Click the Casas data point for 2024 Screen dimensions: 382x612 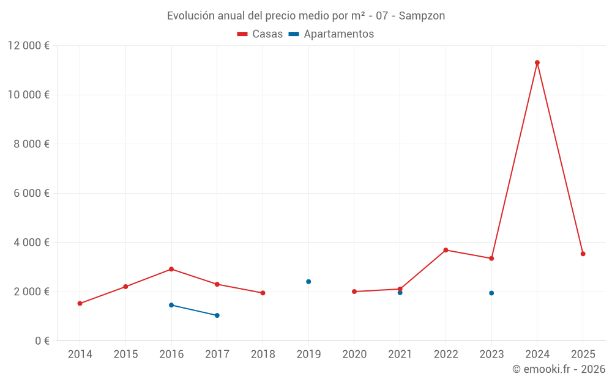[537, 62]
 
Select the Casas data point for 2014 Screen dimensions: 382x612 [80, 303]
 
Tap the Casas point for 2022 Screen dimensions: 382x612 [446, 250]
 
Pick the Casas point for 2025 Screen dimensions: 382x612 [583, 254]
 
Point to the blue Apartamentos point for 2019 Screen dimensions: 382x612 [308, 282]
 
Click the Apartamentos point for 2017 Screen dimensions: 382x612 [217, 315]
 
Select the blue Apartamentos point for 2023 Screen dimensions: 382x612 [491, 293]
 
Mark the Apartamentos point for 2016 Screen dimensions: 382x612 [171, 305]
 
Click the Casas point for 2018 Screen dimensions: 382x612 [263, 293]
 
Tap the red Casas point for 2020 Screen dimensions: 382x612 [354, 292]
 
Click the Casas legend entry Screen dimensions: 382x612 [260, 34]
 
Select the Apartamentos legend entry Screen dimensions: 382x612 [331, 34]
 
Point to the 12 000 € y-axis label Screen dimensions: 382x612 [29, 46]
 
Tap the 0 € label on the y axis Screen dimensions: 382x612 [42, 340]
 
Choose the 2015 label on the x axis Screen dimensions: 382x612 [125, 354]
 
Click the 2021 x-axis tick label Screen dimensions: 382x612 [400, 354]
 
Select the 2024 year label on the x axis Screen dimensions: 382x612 [537, 354]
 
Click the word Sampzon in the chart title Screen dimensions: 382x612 [422, 16]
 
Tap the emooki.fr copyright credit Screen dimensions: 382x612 [558, 369]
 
